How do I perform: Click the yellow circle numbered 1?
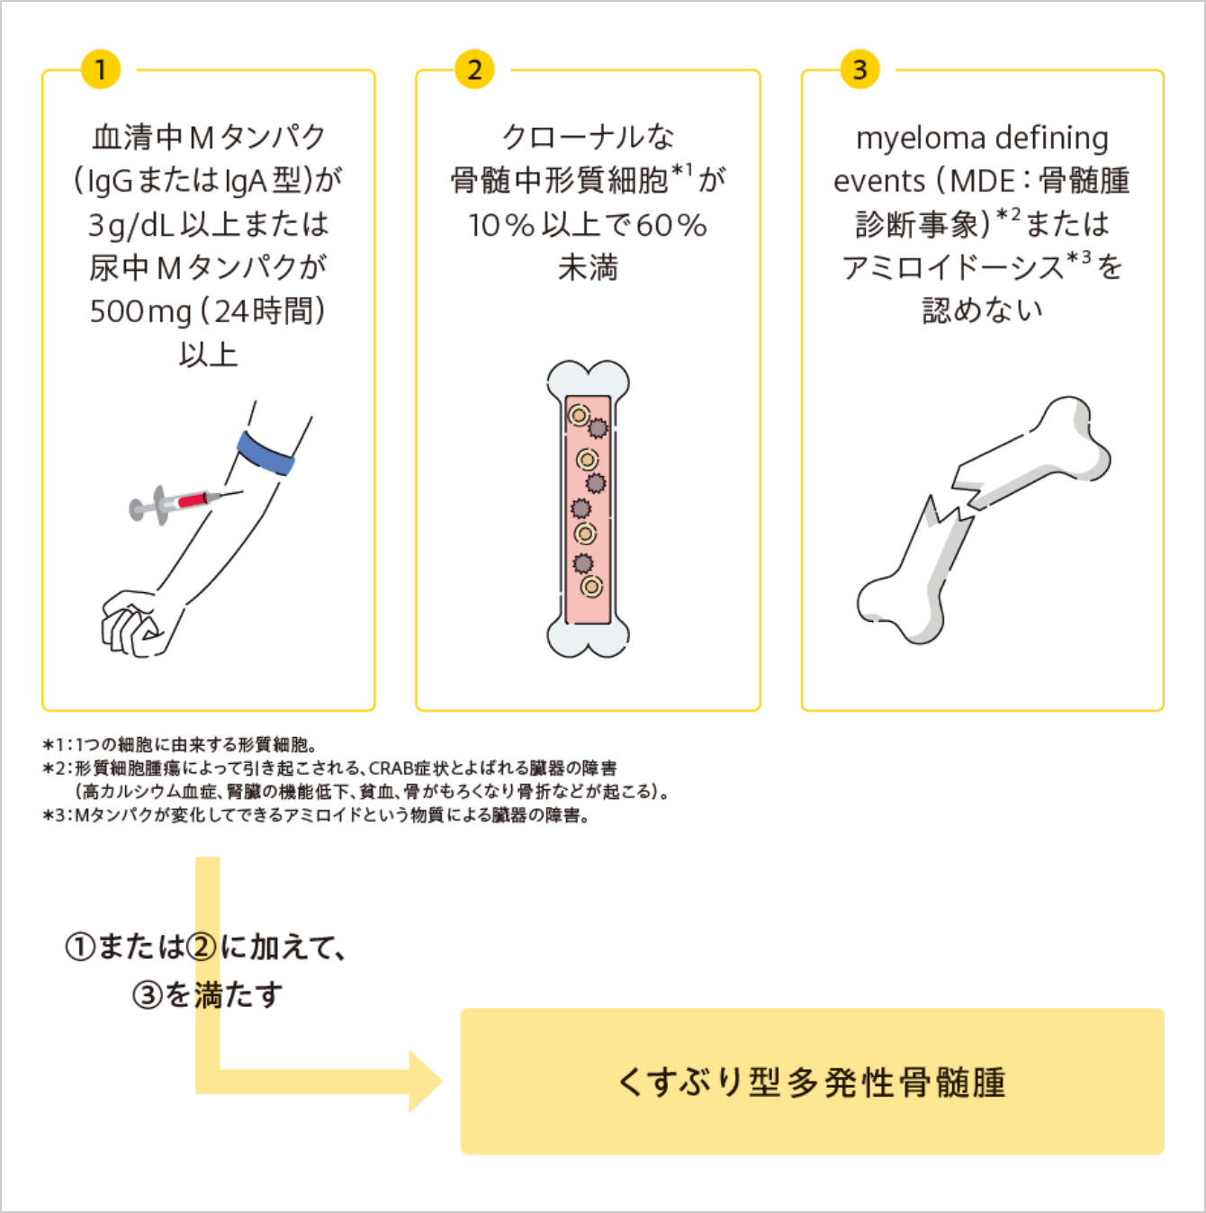click(100, 69)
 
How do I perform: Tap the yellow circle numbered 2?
click(474, 69)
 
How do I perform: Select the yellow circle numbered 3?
click(859, 69)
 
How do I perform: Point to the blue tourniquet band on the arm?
click(266, 453)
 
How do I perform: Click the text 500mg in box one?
click(140, 311)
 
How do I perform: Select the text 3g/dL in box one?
click(130, 225)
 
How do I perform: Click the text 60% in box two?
click(670, 225)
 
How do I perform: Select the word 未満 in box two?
click(588, 268)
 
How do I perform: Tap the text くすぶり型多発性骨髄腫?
click(812, 1082)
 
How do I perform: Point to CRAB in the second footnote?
click(391, 768)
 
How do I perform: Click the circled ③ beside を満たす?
click(147, 995)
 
